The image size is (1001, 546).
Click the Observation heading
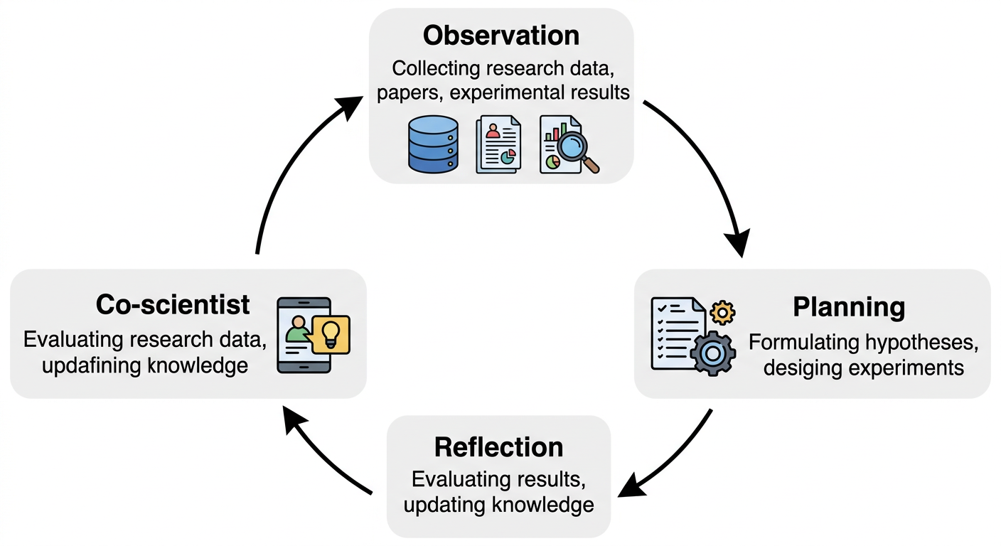point(500,35)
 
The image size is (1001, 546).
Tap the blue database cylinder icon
point(432,144)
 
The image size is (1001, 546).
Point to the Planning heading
point(849,307)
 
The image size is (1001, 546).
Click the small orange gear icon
point(723,311)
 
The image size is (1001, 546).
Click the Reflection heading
point(498,447)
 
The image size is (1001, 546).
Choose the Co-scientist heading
point(173,304)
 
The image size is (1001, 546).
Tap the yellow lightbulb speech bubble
point(331,334)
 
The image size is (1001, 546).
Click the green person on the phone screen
point(298,330)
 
